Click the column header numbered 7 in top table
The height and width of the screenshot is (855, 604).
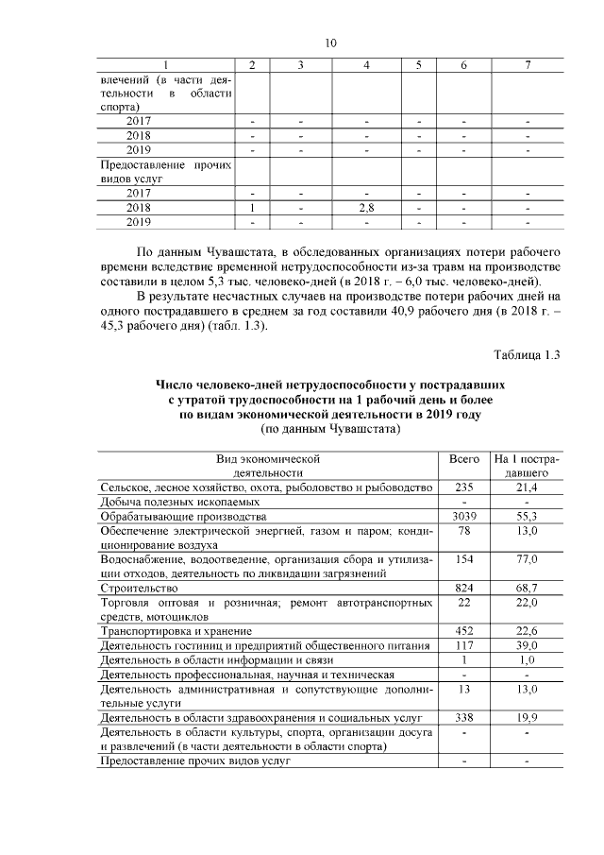[528, 65]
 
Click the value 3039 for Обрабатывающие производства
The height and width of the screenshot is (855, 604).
[463, 517]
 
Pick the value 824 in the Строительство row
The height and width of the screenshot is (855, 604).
[463, 588]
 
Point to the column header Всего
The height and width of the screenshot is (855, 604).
[463, 457]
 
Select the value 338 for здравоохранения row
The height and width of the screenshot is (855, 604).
[463, 717]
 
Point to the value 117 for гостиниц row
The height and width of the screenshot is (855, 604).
[463, 645]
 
